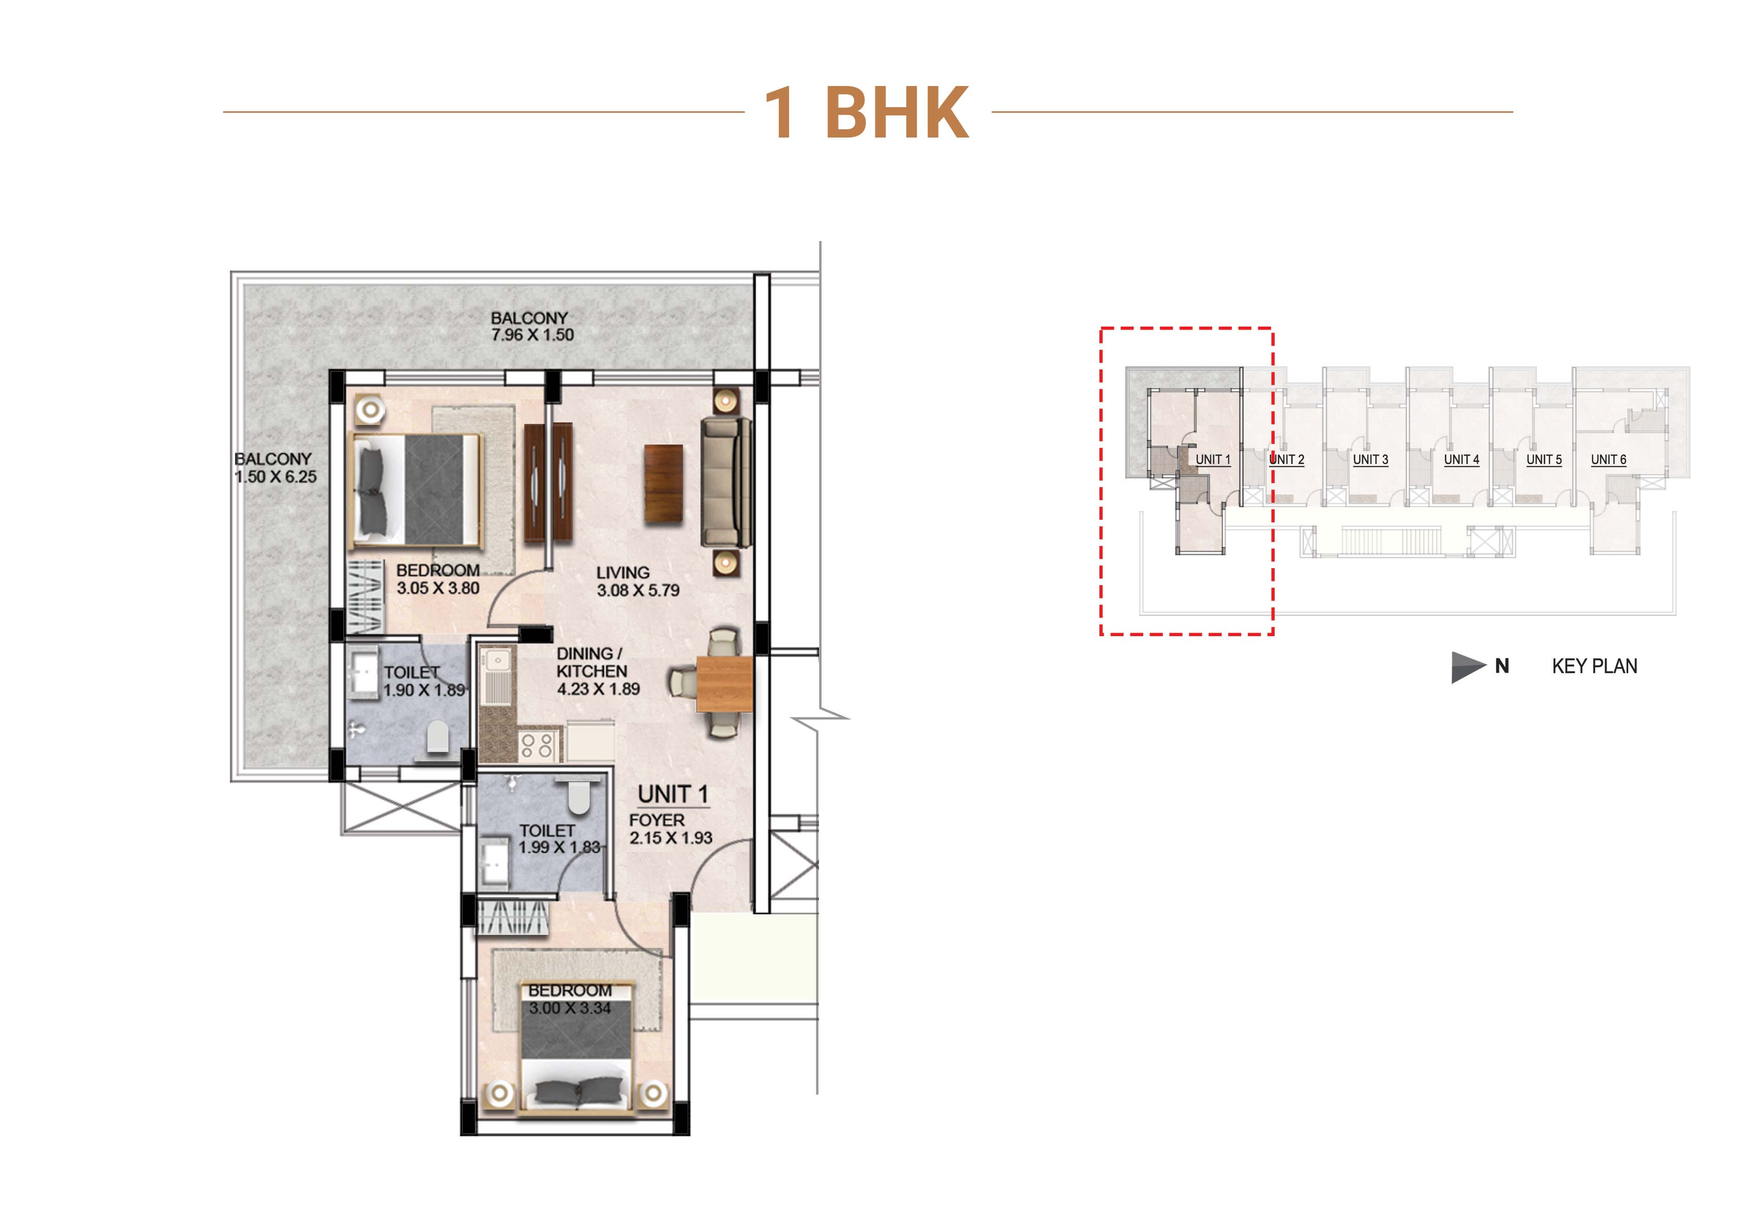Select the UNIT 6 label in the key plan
(x=1608, y=460)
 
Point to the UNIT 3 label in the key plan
(x=1370, y=460)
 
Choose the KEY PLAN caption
(x=1594, y=666)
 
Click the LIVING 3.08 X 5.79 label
(x=638, y=582)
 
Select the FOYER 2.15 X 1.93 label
(x=670, y=829)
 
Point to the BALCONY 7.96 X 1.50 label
(x=532, y=327)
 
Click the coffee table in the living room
(x=663, y=483)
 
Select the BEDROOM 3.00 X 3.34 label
(x=570, y=999)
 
